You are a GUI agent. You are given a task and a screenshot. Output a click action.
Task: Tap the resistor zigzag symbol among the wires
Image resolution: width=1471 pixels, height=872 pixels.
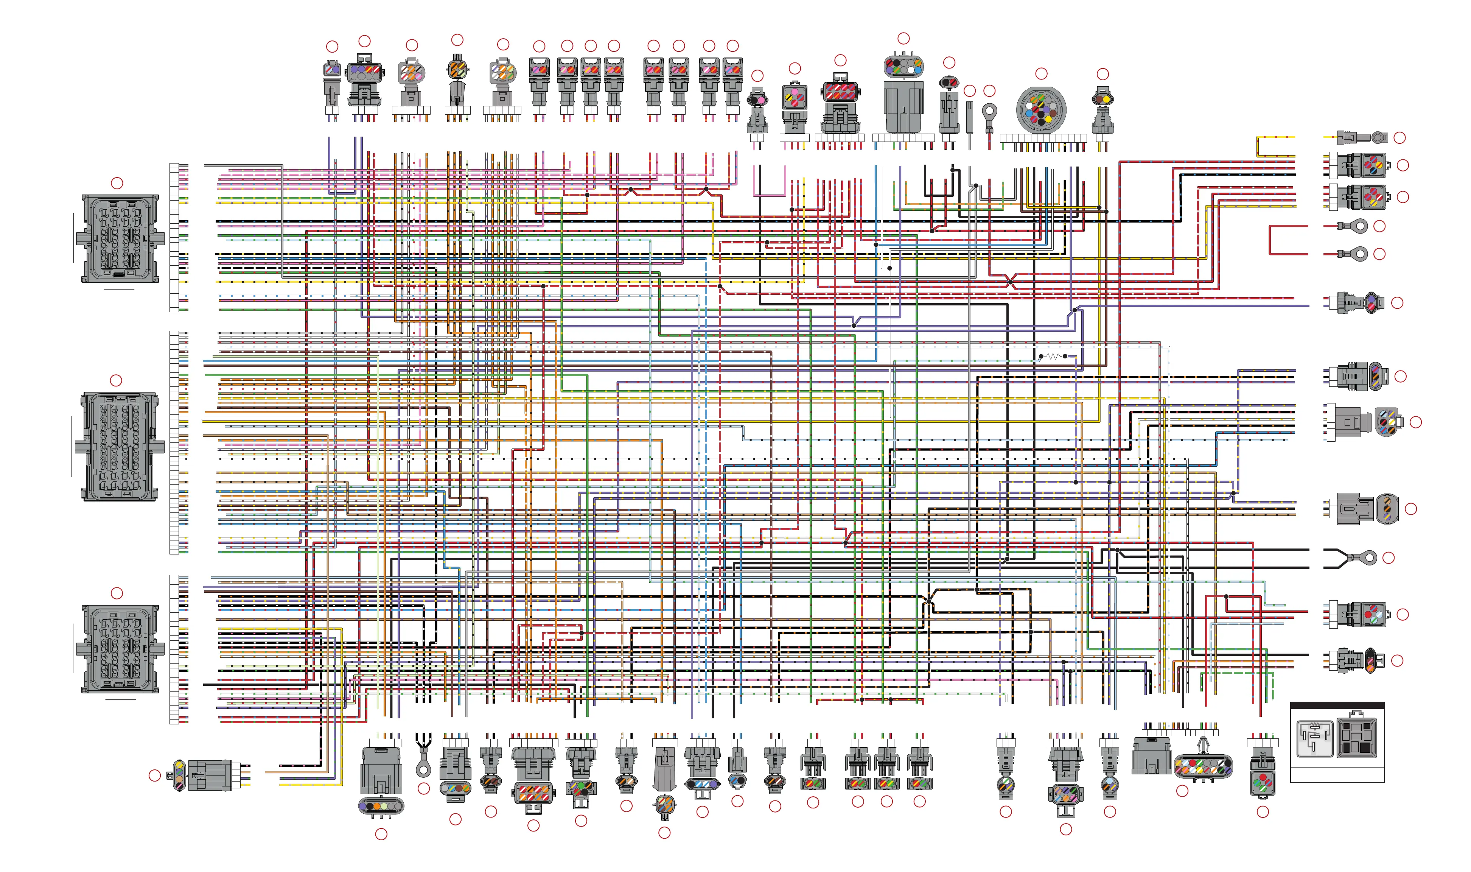1052,356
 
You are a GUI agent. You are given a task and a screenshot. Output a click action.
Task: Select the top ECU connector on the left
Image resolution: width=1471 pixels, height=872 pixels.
120,238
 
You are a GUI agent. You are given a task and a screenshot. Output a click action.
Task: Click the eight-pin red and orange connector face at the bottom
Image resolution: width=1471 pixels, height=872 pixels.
533,793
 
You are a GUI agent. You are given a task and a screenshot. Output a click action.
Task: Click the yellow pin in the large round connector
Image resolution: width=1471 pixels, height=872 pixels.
1049,119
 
